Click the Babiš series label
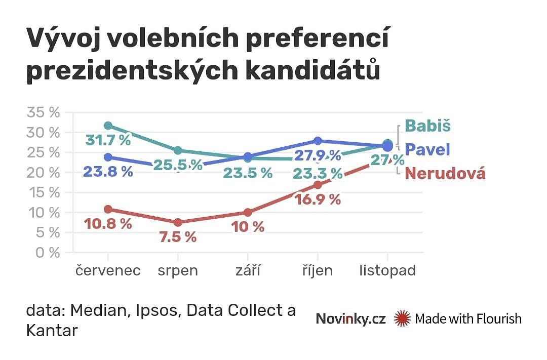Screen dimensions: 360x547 coord(427,126)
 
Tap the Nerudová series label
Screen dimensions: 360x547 coord(445,174)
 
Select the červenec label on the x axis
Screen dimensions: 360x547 coord(108,270)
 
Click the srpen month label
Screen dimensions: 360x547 coord(178,270)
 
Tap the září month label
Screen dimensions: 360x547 coord(248,270)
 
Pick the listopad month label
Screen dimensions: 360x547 coord(387,270)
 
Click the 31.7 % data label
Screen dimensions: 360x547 coord(108,140)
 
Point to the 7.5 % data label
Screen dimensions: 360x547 coord(178,237)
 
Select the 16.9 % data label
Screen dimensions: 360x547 coord(318,199)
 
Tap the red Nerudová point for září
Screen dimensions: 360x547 coord(248,212)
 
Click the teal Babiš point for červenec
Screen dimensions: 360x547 coord(108,126)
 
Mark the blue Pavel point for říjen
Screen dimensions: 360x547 coord(318,141)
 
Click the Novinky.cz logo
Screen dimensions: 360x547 coord(350,318)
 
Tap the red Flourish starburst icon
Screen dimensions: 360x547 coord(402,318)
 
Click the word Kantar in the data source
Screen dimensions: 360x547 coord(52,331)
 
